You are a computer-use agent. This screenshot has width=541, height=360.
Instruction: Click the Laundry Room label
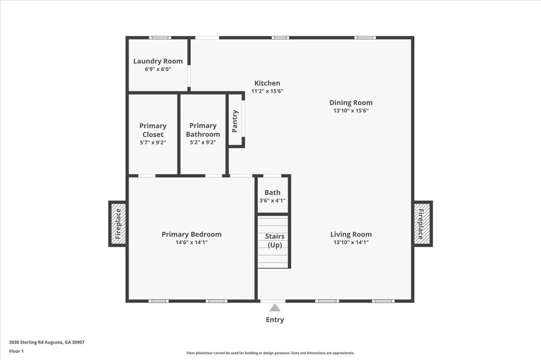(157, 61)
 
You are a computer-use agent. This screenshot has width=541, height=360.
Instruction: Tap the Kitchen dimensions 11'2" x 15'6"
(267, 91)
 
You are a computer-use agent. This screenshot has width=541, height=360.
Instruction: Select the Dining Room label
(351, 103)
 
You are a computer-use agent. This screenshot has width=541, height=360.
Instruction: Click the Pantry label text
(235, 121)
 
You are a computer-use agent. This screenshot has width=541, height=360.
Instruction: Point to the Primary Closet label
(153, 130)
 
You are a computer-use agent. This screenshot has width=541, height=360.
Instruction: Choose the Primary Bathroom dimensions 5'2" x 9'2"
(203, 143)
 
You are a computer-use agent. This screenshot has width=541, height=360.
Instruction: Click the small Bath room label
(273, 193)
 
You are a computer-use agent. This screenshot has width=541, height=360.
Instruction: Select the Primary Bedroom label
(191, 234)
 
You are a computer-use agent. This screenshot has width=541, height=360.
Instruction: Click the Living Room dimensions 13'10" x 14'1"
(351, 243)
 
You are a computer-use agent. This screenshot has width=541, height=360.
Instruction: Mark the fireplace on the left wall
(118, 223)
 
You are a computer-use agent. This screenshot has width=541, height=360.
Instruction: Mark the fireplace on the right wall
(423, 223)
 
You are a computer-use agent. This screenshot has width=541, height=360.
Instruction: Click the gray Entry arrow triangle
(275, 308)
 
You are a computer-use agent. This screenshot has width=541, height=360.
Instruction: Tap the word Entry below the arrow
(275, 320)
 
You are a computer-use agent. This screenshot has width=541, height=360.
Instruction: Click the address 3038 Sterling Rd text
(46, 342)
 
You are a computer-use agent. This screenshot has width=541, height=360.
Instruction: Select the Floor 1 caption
(17, 350)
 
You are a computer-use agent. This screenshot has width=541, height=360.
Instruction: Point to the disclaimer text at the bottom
(270, 353)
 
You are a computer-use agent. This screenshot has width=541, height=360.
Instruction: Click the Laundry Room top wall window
(160, 37)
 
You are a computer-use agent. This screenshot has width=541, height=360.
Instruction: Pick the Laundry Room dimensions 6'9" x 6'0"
(157, 69)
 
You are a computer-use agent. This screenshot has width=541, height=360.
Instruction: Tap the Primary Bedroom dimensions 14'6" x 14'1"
(191, 243)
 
